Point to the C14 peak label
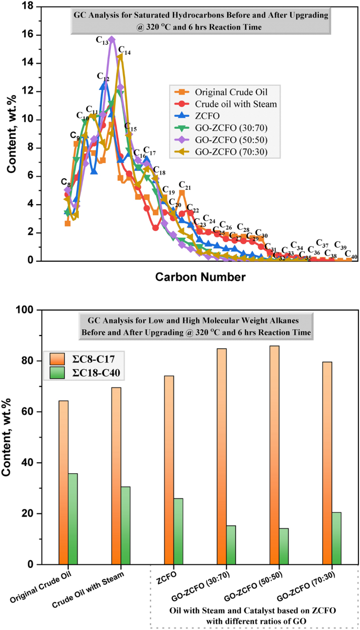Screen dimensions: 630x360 pyautogui.click(x=125, y=51)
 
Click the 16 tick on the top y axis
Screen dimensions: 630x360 pyautogui.click(x=29, y=35)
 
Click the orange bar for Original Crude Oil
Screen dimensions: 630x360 pyautogui.click(x=64, y=482)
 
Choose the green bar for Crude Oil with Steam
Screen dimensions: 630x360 pyautogui.click(x=125, y=525)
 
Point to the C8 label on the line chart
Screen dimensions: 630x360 pyautogui.click(x=65, y=182)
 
